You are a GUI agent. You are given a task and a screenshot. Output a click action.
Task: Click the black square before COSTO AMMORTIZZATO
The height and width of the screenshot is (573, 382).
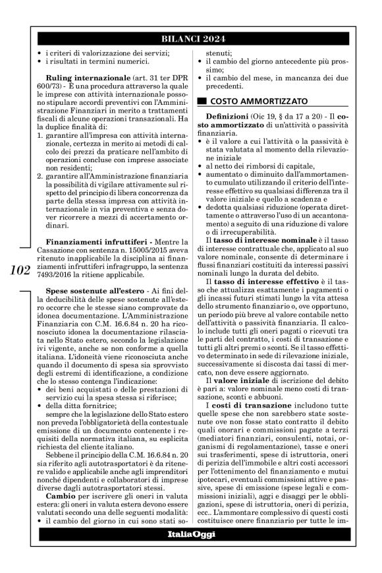point(202,101)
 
